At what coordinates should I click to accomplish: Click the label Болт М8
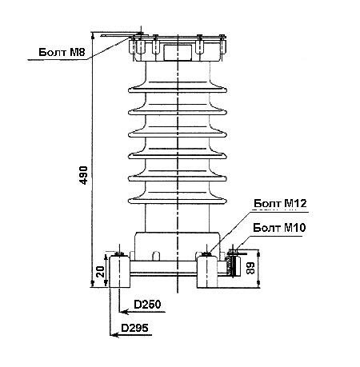click(62, 52)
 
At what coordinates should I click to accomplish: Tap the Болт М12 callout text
click(280, 203)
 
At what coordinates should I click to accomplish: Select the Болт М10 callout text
click(279, 228)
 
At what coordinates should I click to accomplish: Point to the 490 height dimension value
click(84, 175)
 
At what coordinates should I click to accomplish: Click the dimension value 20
click(101, 272)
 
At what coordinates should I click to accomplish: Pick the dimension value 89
click(250, 269)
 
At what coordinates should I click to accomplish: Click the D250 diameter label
click(147, 305)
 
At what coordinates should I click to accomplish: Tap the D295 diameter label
click(134, 328)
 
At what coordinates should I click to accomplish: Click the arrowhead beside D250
click(124, 312)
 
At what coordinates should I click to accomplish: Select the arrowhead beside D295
click(115, 335)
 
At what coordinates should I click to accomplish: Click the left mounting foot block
click(119, 271)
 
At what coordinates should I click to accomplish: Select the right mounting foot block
click(207, 271)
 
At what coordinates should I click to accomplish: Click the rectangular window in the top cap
click(178, 52)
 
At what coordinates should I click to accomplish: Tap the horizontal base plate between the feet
click(163, 267)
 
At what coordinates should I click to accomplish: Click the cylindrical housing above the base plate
click(178, 245)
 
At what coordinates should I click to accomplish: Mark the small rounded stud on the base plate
click(156, 256)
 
